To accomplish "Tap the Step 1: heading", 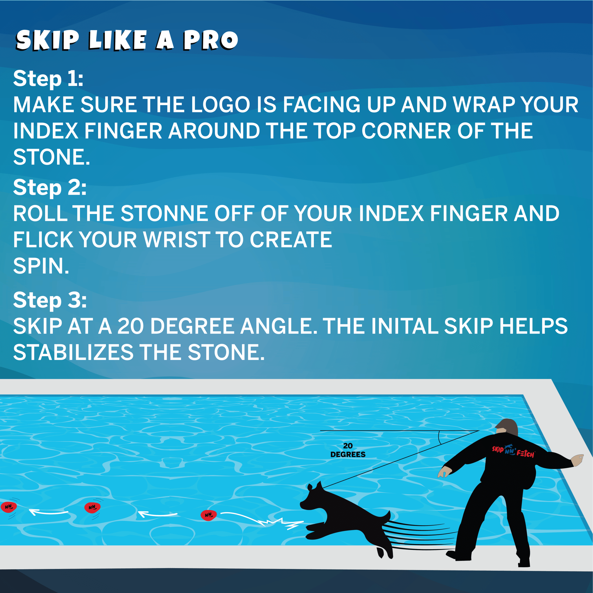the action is coord(48,79).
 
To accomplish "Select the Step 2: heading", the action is coord(50,188).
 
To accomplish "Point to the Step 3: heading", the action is coord(50,300).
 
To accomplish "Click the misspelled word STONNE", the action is coord(164,214).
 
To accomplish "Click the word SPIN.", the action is coord(41,266).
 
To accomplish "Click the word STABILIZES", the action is coord(73,352).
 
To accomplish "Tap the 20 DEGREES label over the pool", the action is coord(348,450).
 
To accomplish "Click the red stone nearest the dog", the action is coord(209,515).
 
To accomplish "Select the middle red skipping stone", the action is coord(92,507).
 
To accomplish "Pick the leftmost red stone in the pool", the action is coord(9,507).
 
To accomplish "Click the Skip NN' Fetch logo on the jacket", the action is coord(513,451).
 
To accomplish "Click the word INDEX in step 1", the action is coord(45,131).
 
